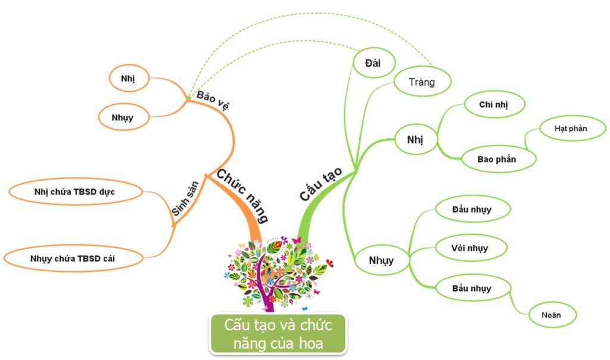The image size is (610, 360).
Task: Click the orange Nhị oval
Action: click(x=127, y=78)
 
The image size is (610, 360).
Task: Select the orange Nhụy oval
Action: click(x=122, y=117)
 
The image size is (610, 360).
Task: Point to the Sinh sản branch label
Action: click(x=184, y=201)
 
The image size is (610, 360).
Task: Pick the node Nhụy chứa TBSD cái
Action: click(x=74, y=259)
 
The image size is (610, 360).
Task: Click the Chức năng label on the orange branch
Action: click(x=242, y=195)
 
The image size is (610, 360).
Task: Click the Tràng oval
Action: click(x=422, y=82)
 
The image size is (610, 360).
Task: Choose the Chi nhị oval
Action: click(x=494, y=105)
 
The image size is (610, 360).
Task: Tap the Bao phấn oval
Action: click(x=497, y=159)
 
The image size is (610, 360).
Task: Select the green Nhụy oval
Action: click(x=381, y=260)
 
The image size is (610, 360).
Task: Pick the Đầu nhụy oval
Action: click(x=472, y=209)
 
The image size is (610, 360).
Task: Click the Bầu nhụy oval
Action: click(x=472, y=288)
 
